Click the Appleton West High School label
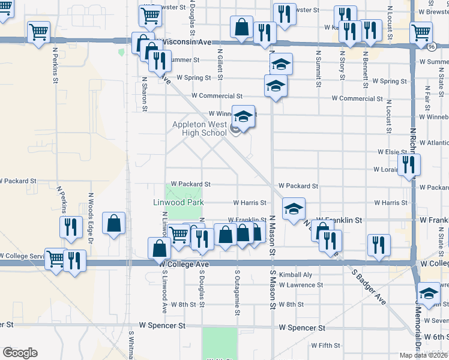pyautogui.click(x=199, y=128)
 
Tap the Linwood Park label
pyautogui.click(x=178, y=203)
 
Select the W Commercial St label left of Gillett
pyautogui.click(x=217, y=96)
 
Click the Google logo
pyautogui.click(x=20, y=353)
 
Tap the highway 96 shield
pyautogui.click(x=431, y=46)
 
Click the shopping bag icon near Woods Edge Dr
pyautogui.click(x=113, y=224)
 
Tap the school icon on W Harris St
pyautogui.click(x=294, y=209)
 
